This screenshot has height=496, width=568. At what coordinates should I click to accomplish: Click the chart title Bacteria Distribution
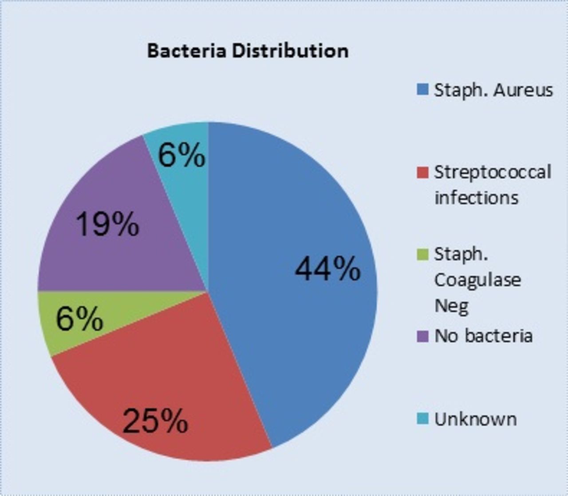pyautogui.click(x=248, y=51)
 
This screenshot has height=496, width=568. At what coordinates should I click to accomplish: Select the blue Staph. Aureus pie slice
pyautogui.click(x=292, y=278)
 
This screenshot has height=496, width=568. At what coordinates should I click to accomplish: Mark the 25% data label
pyautogui.click(x=155, y=421)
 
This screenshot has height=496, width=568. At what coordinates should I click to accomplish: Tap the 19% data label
pyautogui.click(x=107, y=224)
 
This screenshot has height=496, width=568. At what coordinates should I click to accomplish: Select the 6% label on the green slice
pyautogui.click(x=79, y=318)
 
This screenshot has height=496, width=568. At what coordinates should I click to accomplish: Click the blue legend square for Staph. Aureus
pyautogui.click(x=422, y=90)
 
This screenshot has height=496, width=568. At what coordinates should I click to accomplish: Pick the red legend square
pyautogui.click(x=422, y=173)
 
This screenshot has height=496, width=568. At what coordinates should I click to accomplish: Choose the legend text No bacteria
pyautogui.click(x=484, y=336)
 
